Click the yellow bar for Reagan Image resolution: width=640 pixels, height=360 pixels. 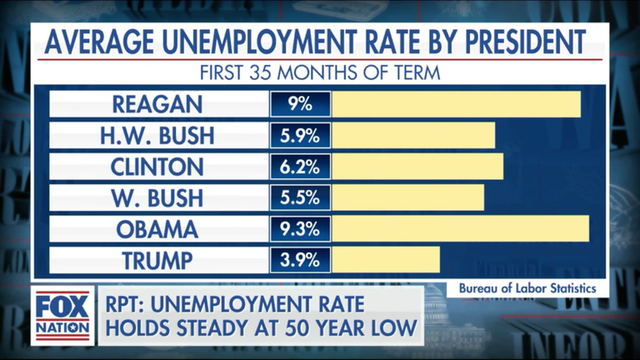point(456,104)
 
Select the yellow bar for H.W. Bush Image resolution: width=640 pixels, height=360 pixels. point(413,135)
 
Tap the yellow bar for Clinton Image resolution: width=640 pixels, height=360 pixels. point(417,167)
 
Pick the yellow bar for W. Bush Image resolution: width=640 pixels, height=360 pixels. point(408,198)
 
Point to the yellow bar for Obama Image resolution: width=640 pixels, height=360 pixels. point(460,229)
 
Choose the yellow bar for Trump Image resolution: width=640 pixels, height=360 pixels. point(386,260)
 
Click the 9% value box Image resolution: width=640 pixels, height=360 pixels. point(300,104)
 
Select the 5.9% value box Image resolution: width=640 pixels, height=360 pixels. point(300,135)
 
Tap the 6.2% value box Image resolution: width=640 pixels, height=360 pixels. point(300,167)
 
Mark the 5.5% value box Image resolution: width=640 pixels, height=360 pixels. point(300,198)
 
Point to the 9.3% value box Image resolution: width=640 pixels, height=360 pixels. point(300,229)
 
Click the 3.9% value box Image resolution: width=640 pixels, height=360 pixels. point(300,260)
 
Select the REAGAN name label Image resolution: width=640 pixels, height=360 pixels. point(157,104)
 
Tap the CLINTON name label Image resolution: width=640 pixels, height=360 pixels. point(157,167)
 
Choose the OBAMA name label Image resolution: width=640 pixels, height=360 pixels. point(157,229)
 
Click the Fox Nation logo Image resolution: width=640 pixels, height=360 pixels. point(63,315)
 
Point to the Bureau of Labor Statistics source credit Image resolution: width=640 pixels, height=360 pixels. point(527,288)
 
